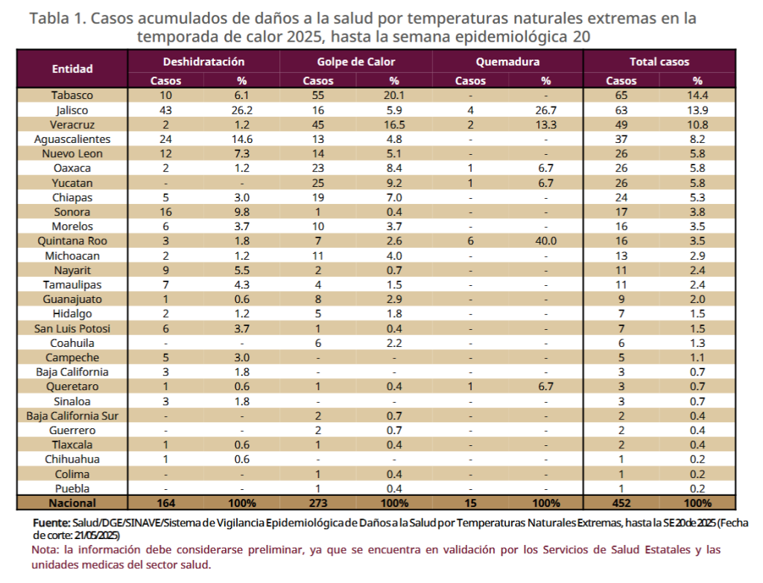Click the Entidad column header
coord(72,69)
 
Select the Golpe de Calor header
coord(355,62)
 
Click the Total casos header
coord(659,62)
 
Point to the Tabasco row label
coord(72,95)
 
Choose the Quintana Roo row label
coord(72,240)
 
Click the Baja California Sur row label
coord(72,415)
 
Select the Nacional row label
coord(72,503)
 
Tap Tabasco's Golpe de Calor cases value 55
coord(318,95)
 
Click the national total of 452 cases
coord(621,503)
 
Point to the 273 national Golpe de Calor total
coord(318,503)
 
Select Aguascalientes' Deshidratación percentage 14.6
coord(241,138)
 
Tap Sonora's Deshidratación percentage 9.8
coord(241,211)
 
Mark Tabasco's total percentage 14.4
coord(697,95)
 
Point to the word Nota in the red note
coord(45,549)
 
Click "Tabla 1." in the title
coord(57,19)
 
